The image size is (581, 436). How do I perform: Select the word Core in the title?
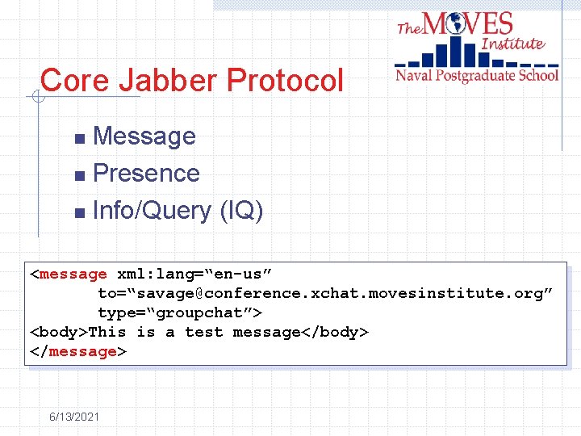(74, 81)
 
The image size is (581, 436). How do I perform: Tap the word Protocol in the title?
(285, 81)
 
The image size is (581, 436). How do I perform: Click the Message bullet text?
(144, 136)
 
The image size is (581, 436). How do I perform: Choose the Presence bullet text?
(146, 174)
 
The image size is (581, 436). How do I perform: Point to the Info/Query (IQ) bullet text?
(178, 211)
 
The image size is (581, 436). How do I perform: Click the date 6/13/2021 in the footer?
(74, 417)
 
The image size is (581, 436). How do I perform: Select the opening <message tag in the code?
(69, 275)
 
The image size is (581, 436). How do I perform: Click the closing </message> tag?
(78, 352)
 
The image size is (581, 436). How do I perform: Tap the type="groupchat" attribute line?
(180, 313)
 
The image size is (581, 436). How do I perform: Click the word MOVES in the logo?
(468, 23)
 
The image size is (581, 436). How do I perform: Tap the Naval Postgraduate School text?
(476, 76)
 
